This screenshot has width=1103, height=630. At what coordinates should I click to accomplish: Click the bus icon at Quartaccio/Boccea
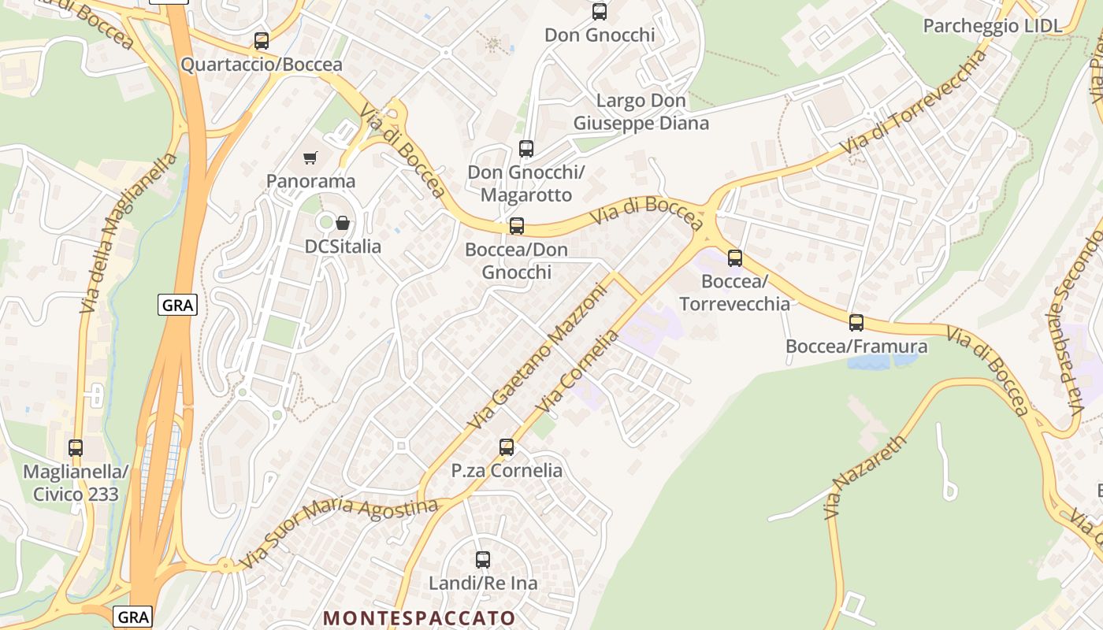262,41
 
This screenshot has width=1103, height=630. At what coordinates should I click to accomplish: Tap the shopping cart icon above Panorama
310,158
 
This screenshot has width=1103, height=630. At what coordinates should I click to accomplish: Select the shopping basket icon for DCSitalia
342,224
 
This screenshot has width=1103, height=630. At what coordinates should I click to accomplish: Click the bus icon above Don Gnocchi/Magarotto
526,148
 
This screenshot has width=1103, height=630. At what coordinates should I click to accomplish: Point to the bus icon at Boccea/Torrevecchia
735,258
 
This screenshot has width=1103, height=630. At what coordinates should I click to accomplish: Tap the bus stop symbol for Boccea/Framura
856,322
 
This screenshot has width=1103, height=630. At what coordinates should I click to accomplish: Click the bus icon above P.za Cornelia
507,447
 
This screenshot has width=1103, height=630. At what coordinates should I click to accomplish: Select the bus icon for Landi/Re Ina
483,560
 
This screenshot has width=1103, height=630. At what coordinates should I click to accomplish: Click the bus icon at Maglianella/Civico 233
76,448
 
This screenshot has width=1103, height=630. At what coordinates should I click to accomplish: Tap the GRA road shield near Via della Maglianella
177,306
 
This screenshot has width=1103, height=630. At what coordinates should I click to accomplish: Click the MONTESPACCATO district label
419,618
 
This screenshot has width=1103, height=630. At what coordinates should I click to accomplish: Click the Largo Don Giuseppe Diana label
641,112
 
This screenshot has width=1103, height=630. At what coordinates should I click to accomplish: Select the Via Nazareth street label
865,477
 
